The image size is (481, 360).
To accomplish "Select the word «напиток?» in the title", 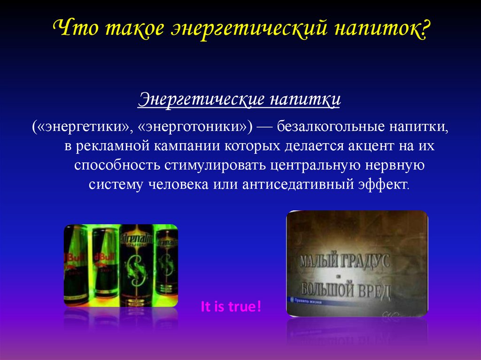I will [x=382, y=29].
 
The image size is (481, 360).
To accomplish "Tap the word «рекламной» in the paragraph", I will [x=110, y=146].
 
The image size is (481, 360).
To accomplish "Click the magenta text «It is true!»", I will [x=231, y=307].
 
